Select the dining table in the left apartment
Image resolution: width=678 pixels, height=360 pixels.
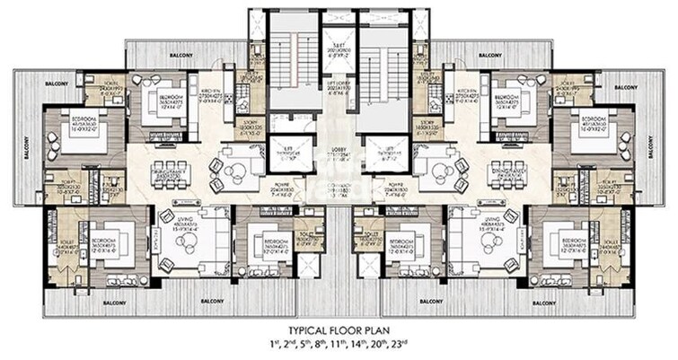pos(169,174)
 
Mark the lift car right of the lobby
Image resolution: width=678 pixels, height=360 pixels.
pos(389,154)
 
